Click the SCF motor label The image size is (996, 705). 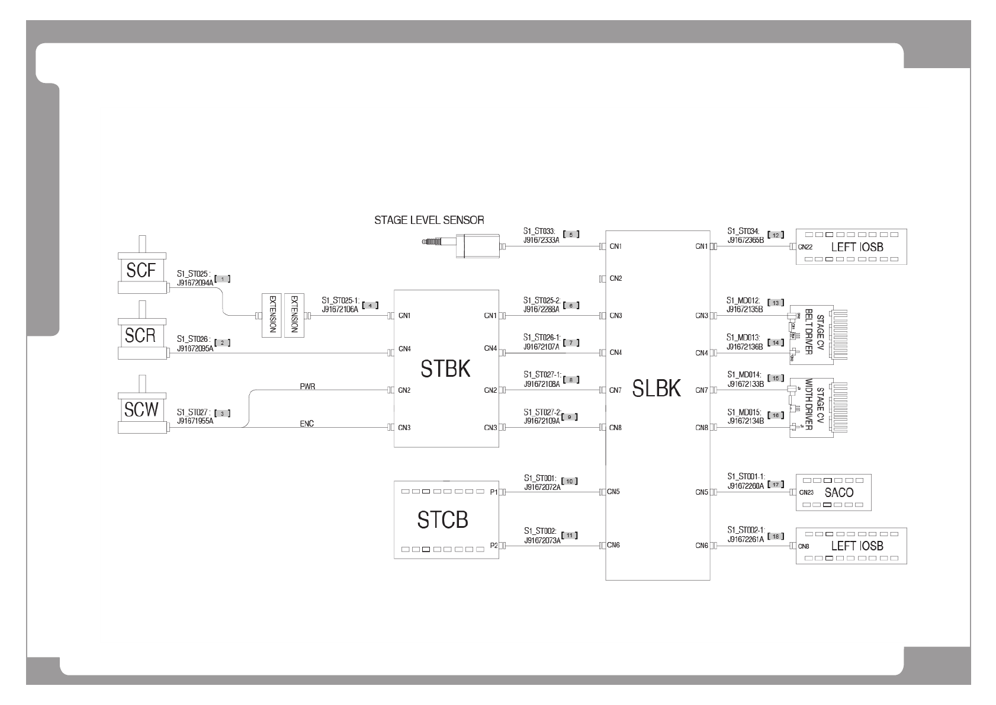pos(140,270)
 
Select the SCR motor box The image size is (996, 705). pos(140,335)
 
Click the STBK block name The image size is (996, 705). pos(445,369)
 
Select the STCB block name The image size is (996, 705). pos(442,520)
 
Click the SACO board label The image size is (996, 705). pos(839,492)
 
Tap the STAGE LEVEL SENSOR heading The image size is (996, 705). pos(429,220)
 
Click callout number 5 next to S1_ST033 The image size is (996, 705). pos(571,234)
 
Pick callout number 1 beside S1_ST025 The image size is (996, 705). pos(221,278)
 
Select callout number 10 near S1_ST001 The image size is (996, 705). pos(570,480)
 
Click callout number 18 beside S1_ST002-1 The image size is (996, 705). pos(775,536)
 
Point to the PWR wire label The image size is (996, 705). pos(307,386)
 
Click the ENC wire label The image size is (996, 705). pos(307,424)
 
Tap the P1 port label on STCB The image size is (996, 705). pos(494,492)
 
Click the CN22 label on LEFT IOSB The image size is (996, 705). pos(805,247)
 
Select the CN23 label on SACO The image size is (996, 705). pos(806,492)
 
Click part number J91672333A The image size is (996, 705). pos(541,241)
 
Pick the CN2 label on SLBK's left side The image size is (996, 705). pos(616,278)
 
